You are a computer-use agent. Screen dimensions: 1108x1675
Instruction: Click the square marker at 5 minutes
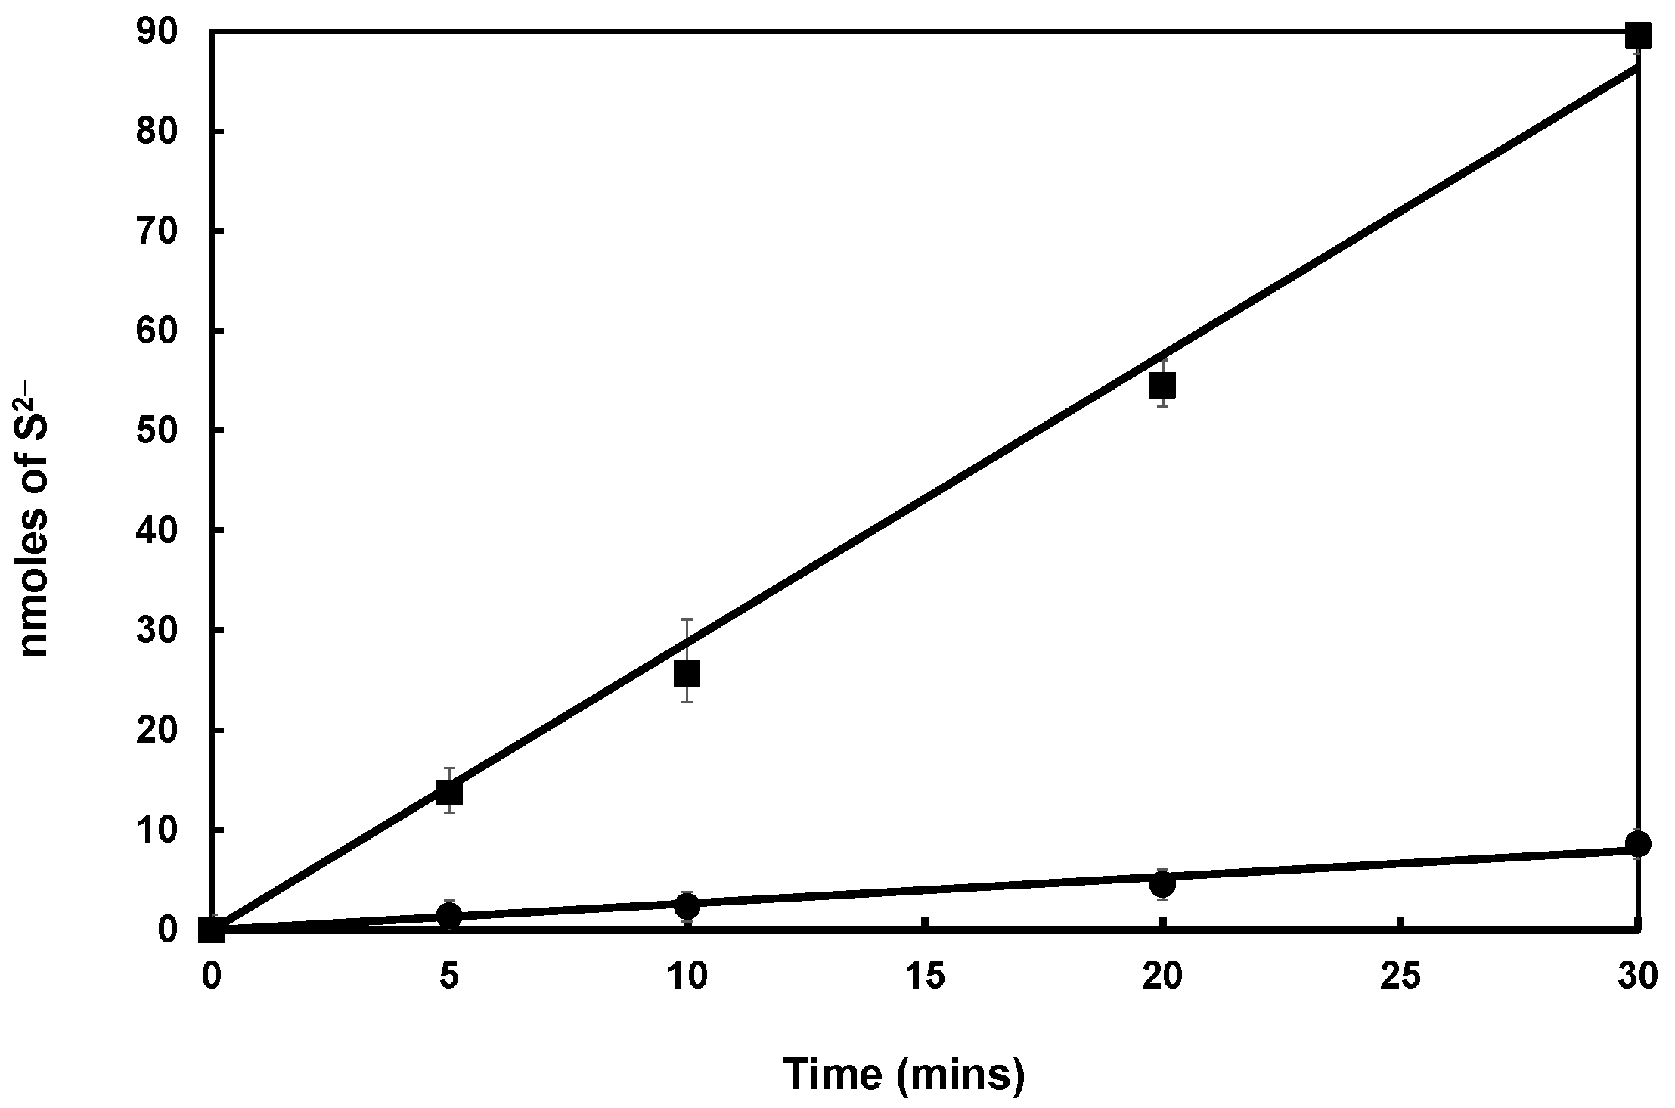click(x=449, y=793)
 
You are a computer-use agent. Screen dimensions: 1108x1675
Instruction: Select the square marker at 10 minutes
click(x=687, y=672)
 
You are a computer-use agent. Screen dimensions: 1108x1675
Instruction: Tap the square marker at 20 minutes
click(x=1162, y=386)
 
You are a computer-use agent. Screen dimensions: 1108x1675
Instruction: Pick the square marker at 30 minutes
click(x=1637, y=35)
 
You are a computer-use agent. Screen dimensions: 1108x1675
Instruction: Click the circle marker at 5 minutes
click(x=449, y=916)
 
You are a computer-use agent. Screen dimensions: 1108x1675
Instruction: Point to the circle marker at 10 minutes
click(x=687, y=905)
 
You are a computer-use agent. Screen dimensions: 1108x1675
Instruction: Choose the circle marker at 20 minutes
click(x=1162, y=883)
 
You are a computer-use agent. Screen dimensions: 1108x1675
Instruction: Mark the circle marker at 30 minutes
click(x=1637, y=844)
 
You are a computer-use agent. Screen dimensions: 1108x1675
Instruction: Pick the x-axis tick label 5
click(x=449, y=976)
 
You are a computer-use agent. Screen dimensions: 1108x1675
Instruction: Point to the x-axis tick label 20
click(x=1162, y=976)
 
